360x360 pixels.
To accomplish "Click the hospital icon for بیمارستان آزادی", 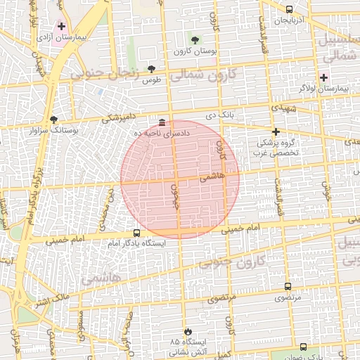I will [x=62, y=26].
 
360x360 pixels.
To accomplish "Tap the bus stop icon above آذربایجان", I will [x=289, y=9].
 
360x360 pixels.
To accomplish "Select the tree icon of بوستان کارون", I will [x=195, y=40].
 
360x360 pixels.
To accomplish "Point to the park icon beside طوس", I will [x=151, y=69].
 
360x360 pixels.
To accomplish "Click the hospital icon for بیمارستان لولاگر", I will [x=323, y=77].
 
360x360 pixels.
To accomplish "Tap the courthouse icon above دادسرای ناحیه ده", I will [x=162, y=122].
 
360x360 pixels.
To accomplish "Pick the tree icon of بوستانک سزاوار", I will [x=54, y=120].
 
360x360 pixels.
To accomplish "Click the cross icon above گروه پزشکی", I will [x=276, y=131].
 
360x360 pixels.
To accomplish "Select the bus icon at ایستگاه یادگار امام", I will [x=136, y=233].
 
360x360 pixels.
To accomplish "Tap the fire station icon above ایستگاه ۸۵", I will [x=186, y=331].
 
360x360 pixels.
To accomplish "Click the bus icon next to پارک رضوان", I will [x=303, y=347].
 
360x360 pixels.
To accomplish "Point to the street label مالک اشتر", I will [x=53, y=300].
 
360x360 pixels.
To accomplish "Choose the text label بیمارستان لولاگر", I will [x=324, y=89].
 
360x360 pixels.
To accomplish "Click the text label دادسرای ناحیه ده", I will [x=163, y=133].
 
